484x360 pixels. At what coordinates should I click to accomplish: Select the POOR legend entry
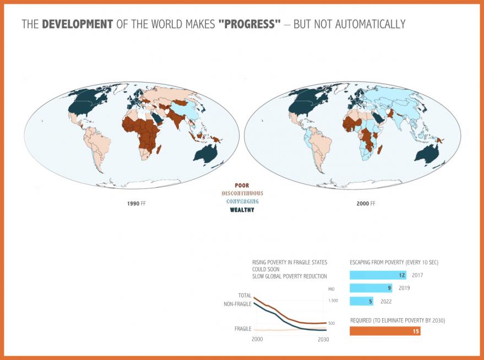242,186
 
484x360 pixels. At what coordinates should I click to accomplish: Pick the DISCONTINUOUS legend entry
242,193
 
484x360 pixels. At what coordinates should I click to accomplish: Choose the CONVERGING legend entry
242,201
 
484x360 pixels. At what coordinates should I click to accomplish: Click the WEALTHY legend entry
242,210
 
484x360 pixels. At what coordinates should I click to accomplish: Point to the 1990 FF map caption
137,204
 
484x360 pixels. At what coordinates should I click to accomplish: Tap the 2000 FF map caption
366,204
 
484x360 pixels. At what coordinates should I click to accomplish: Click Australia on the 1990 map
209,153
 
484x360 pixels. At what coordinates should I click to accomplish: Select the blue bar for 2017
378,275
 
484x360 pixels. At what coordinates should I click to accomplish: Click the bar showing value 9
371,288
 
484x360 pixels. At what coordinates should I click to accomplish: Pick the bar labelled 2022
362,301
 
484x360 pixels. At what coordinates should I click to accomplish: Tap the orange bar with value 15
385,331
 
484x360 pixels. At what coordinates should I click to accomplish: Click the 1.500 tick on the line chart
332,301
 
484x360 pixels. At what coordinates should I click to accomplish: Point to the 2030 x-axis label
323,339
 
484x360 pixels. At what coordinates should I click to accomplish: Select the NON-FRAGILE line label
237,304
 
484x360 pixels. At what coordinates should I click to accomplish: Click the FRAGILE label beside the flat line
243,329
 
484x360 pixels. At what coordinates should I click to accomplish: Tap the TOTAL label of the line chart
244,296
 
